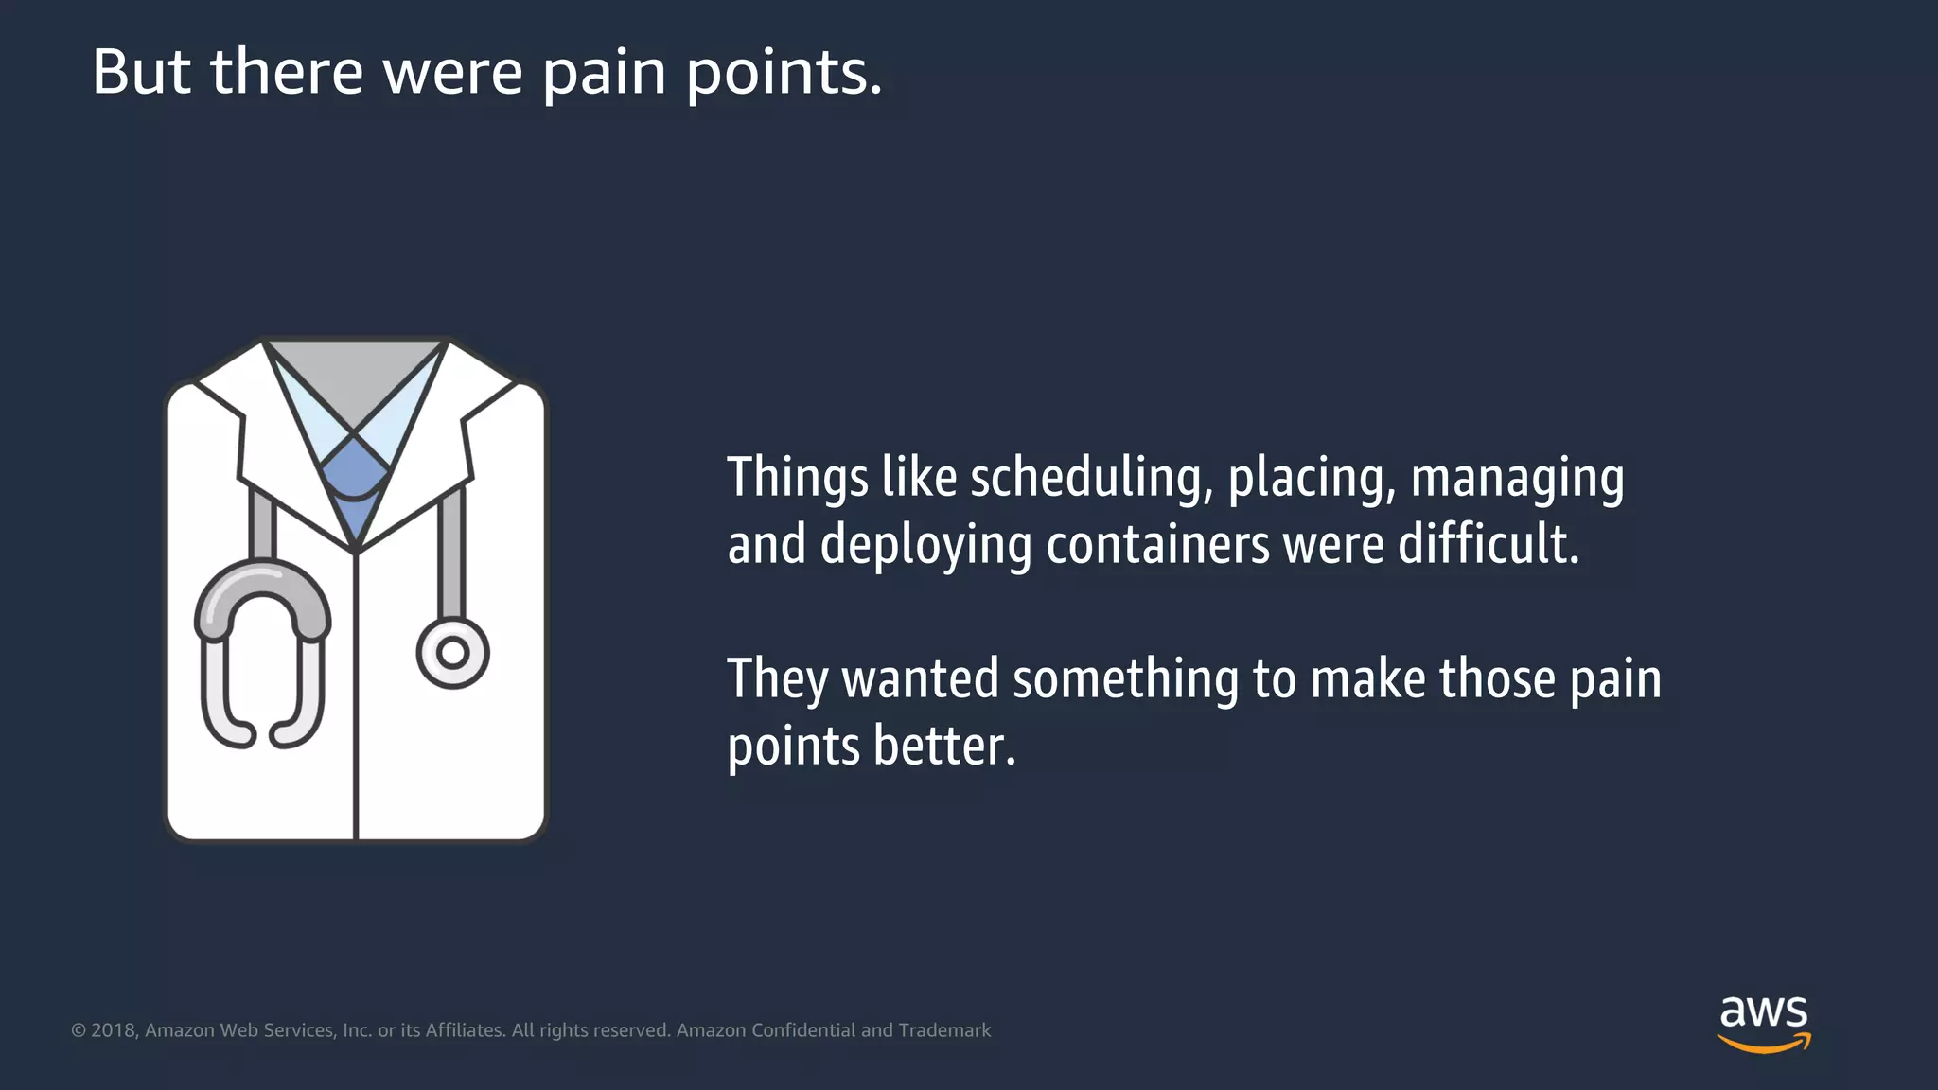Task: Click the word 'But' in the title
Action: (x=141, y=72)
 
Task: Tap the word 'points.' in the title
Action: (x=784, y=74)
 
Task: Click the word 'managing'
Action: (x=1517, y=479)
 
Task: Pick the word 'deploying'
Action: (x=925, y=547)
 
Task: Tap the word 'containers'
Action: (x=1157, y=545)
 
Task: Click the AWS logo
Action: (x=1764, y=1023)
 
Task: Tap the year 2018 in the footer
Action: (x=114, y=1030)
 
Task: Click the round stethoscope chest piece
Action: (x=453, y=653)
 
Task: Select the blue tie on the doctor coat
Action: (x=354, y=483)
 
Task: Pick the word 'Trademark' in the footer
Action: (x=944, y=1030)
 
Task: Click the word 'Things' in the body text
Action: (x=797, y=478)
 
